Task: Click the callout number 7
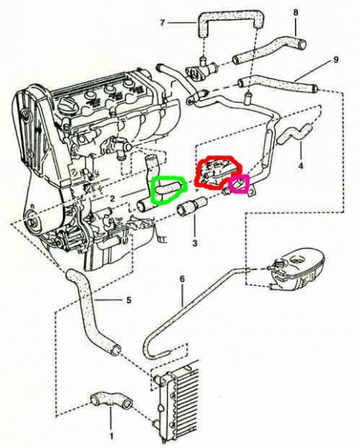[x=162, y=22]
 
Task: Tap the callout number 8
[x=296, y=13]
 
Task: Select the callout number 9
[x=335, y=60]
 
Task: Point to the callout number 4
[x=300, y=166]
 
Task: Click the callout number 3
[x=195, y=243]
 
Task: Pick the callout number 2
[x=113, y=199]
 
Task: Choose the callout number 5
[x=129, y=300]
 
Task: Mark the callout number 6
[x=182, y=279]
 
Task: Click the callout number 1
[x=111, y=436]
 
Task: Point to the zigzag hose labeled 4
[x=294, y=133]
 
